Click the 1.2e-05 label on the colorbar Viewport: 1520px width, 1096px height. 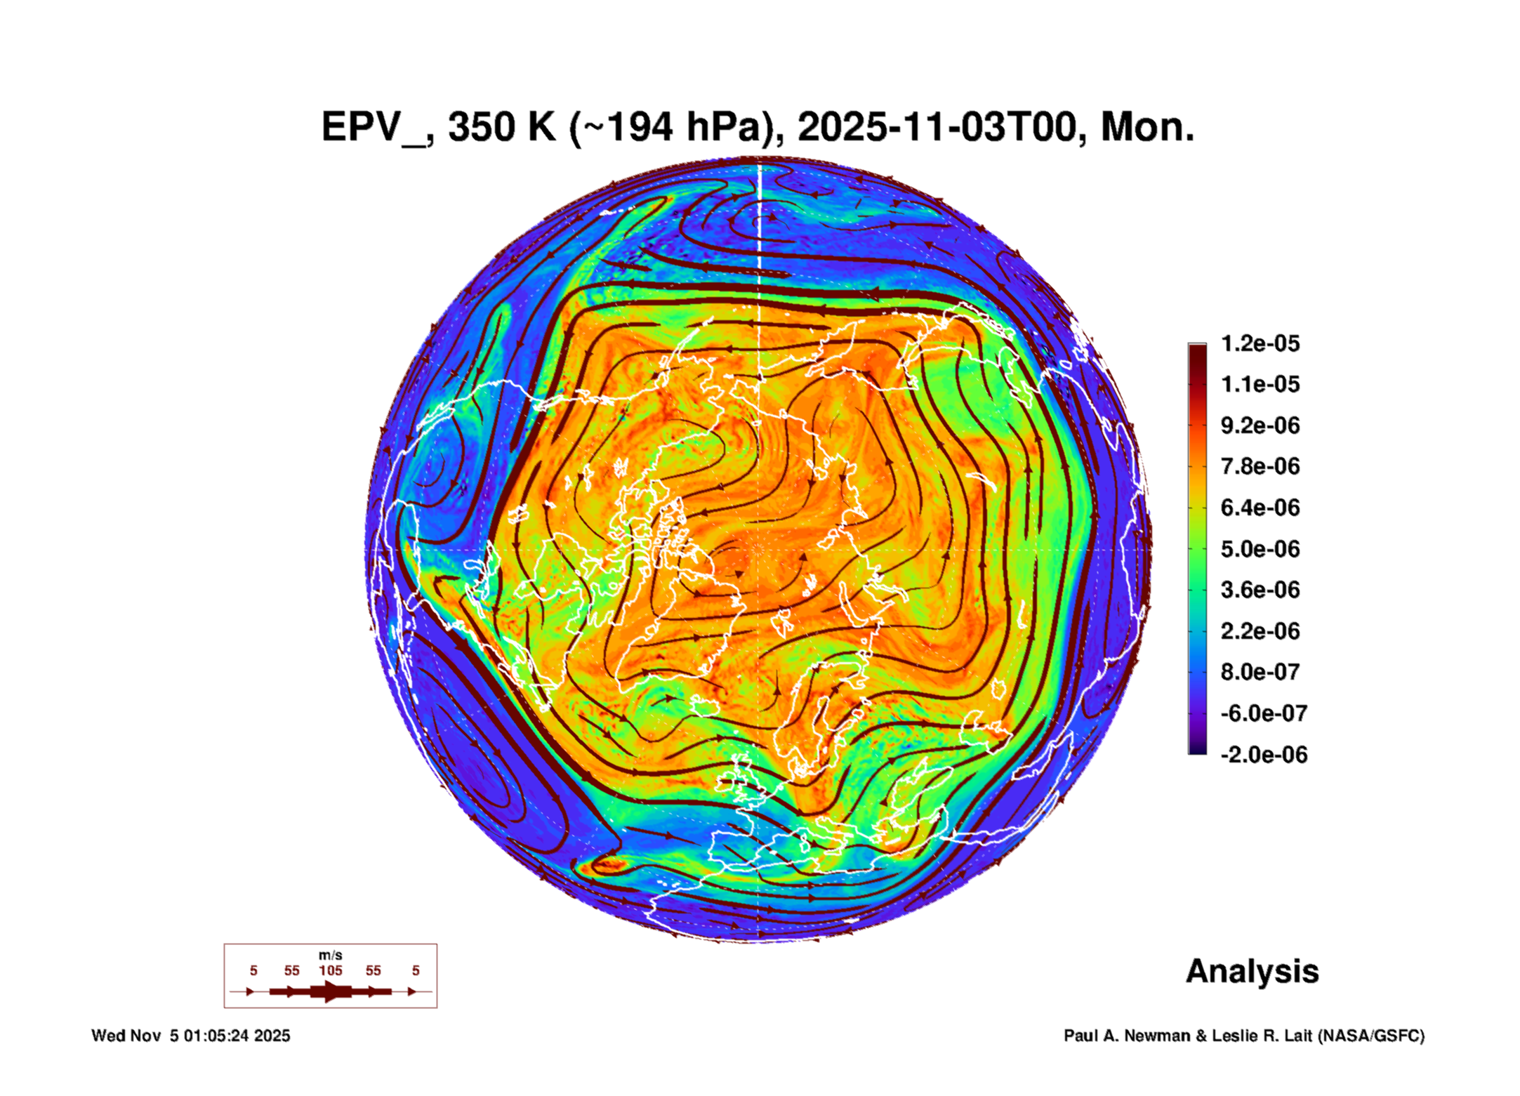tap(1260, 343)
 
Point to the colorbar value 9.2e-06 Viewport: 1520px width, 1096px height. tap(1260, 425)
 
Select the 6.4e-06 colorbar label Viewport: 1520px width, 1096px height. tap(1260, 508)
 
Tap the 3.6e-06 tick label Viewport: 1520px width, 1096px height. tap(1260, 590)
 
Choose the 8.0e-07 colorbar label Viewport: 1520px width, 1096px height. tap(1260, 672)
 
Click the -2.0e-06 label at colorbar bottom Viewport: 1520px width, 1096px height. tap(1263, 755)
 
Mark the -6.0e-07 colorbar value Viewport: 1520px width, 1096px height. tap(1263, 713)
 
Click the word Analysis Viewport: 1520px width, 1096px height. tap(1252, 972)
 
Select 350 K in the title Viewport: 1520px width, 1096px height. tap(502, 128)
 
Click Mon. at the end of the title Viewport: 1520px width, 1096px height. tap(1147, 128)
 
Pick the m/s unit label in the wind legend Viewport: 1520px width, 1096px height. tap(331, 956)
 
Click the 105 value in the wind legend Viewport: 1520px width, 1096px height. tap(331, 971)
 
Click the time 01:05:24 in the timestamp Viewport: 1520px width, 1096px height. tap(216, 1036)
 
